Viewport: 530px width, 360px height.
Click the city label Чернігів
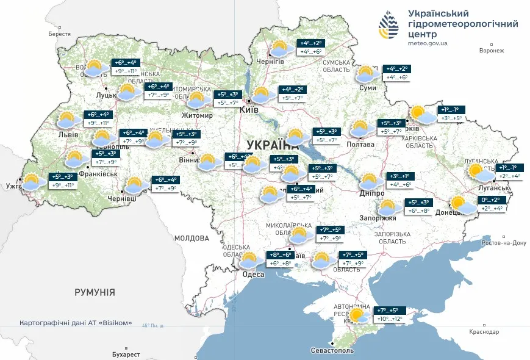click(x=270, y=62)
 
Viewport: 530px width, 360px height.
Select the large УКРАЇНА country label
click(x=273, y=145)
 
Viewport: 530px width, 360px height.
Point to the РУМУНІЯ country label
click(x=95, y=293)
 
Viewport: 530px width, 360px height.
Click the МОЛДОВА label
click(x=192, y=238)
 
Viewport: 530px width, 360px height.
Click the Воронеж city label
click(x=492, y=51)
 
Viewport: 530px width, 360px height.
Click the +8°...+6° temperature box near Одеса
click(x=281, y=254)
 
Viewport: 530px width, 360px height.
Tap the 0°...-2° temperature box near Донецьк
click(x=491, y=200)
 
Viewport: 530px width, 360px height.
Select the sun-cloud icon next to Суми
click(x=366, y=74)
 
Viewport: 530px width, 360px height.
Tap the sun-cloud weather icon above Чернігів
click(x=281, y=49)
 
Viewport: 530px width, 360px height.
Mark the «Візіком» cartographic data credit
click(x=76, y=323)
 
